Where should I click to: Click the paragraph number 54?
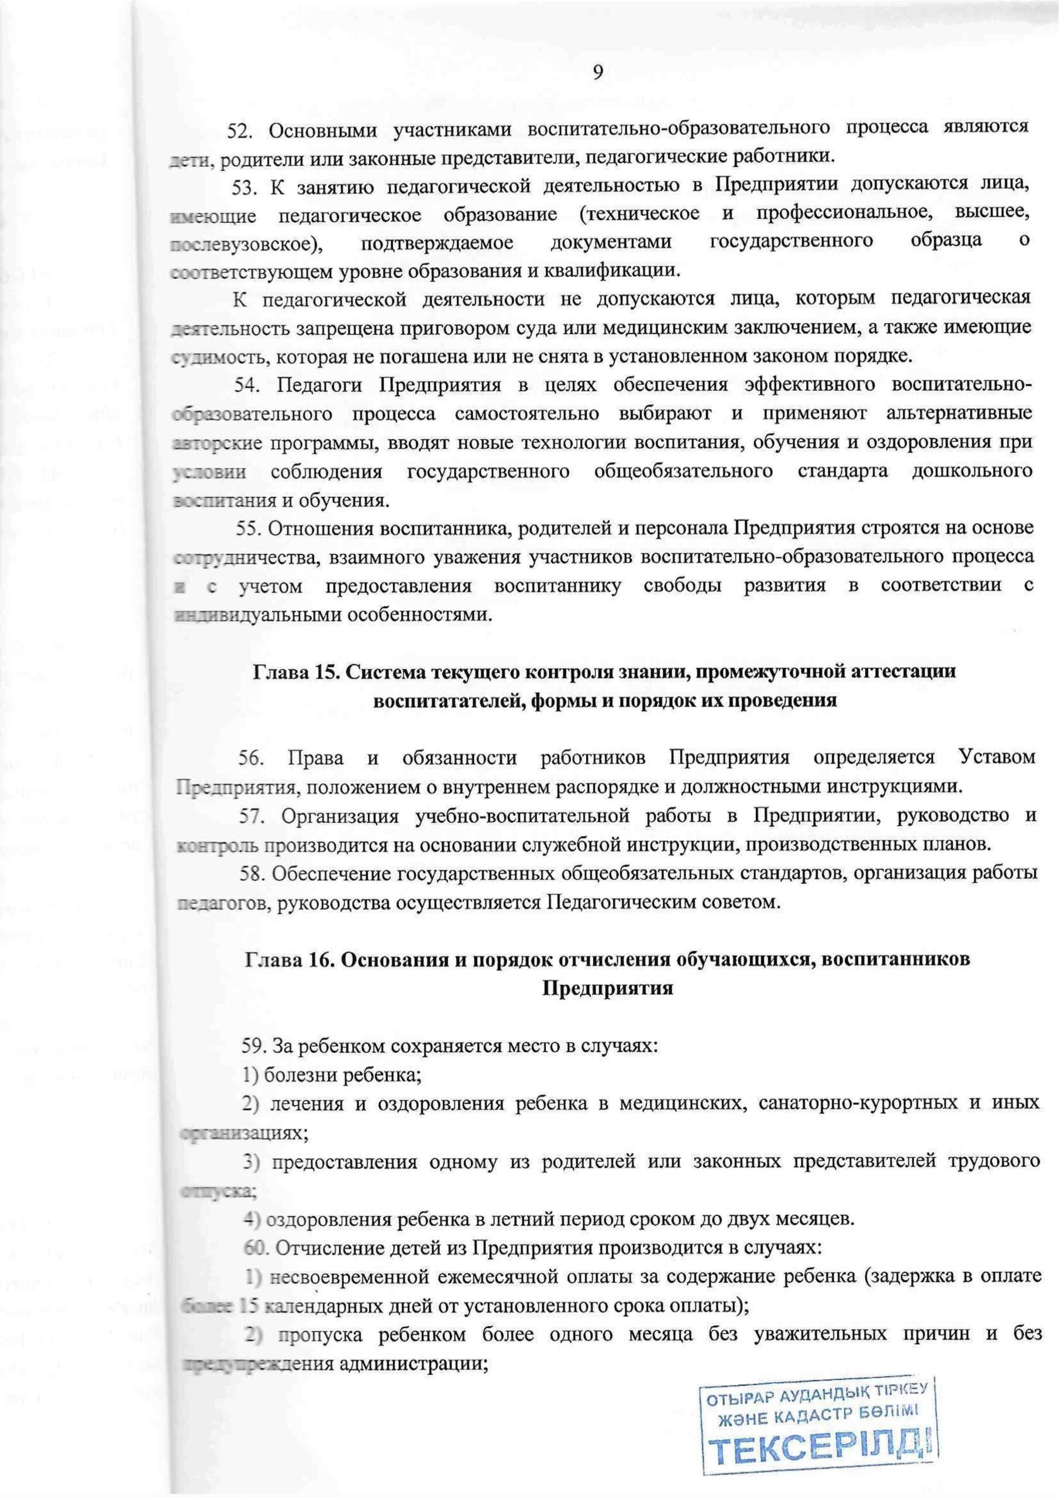point(248,385)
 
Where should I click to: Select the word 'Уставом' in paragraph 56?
point(997,758)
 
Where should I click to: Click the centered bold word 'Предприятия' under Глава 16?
point(607,988)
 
